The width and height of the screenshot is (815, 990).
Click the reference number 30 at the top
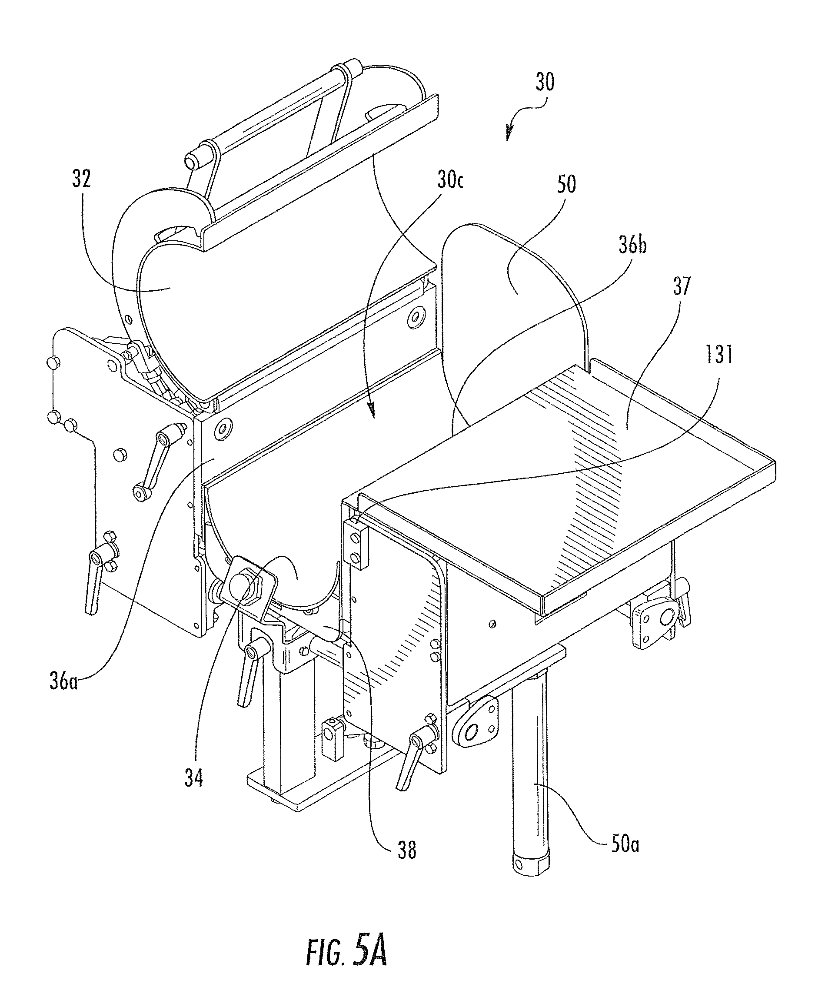(545, 82)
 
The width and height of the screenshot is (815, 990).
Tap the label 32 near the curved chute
(81, 179)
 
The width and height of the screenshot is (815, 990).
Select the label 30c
(450, 180)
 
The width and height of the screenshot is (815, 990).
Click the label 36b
(632, 245)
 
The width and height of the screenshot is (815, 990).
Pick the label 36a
(64, 681)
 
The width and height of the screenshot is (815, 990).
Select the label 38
(406, 850)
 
